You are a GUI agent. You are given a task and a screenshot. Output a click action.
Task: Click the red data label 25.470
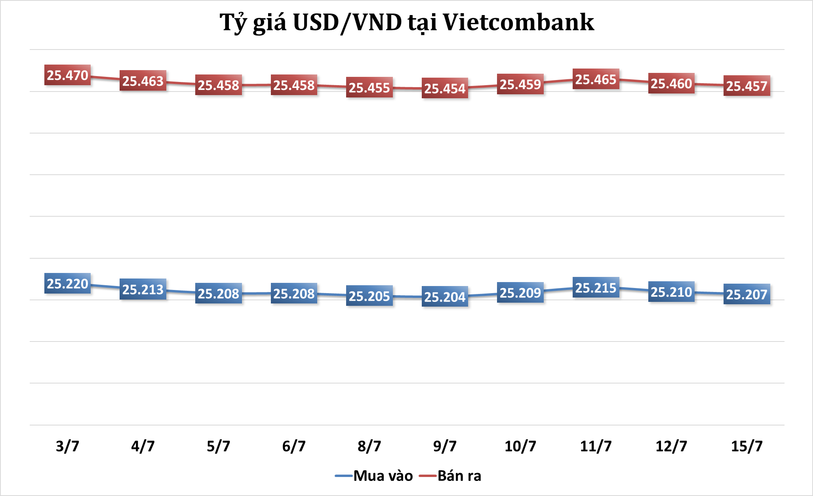[67, 75]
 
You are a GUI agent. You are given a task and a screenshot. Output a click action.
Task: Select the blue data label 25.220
[67, 284]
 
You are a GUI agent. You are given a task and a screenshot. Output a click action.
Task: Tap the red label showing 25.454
[445, 88]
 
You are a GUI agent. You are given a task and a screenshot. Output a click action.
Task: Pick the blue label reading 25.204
[445, 297]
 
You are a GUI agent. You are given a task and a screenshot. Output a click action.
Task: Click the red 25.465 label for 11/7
[596, 79]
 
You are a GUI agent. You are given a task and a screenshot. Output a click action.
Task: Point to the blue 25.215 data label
[596, 288]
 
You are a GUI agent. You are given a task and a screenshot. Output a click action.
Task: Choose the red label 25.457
[746, 86]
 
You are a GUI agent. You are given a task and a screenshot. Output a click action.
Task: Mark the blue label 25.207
[746, 294]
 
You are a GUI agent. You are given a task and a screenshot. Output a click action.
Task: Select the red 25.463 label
[143, 81]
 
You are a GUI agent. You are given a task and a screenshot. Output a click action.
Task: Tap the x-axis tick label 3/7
[67, 446]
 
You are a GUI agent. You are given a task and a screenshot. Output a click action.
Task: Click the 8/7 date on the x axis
[369, 446]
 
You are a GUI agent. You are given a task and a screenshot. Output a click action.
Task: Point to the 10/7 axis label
[520, 446]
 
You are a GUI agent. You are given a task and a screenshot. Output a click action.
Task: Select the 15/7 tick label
[746, 446]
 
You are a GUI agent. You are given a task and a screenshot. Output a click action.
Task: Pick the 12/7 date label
[671, 446]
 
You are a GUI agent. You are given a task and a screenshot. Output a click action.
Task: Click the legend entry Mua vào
[383, 476]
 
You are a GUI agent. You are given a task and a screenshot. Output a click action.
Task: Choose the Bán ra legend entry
[459, 476]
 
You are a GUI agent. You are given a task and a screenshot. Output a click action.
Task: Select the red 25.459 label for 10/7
[520, 84]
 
